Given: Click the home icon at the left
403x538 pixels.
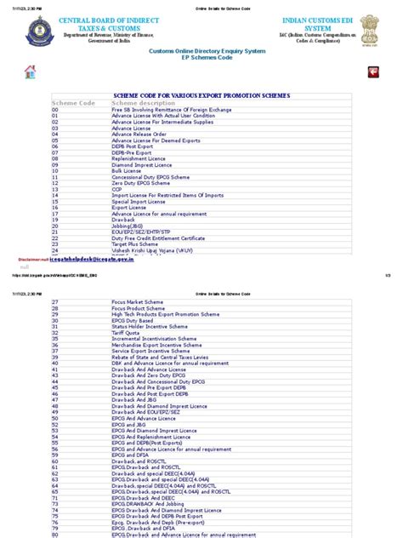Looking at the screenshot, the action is tap(31, 72).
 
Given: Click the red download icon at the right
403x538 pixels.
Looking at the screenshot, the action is tap(372, 72).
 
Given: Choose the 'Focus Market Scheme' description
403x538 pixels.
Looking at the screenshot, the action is tap(137, 302).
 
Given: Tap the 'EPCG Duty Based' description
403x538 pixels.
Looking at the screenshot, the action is tap(134, 320).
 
